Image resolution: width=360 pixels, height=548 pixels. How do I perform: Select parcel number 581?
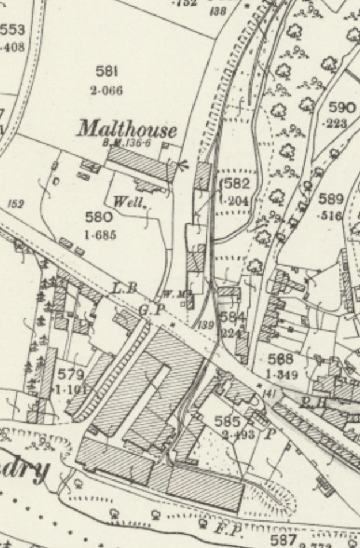(107, 71)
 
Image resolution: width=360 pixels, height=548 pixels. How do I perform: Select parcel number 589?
(331, 200)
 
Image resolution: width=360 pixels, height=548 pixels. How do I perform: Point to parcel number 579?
(71, 374)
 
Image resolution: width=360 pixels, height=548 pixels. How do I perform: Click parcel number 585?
(226, 421)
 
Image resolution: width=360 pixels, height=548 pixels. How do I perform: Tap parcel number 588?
(281, 360)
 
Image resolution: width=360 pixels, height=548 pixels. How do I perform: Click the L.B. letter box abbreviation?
(124, 288)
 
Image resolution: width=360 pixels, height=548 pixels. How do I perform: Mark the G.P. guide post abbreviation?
(152, 309)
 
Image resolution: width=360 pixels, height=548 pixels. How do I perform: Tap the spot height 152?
(16, 204)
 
